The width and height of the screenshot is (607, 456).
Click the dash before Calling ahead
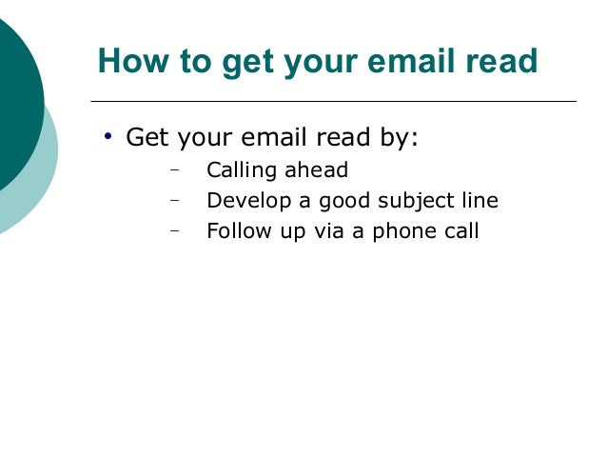pos(175,171)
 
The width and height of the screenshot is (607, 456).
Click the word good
pos(343,201)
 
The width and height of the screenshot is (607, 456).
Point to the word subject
pos(416,201)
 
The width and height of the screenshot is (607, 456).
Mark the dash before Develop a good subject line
pos(175,201)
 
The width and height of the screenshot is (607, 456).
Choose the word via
pos(323,230)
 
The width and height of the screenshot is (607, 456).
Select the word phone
pos(400,230)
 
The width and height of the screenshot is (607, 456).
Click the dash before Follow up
pos(175,230)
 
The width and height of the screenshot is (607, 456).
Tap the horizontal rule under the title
pos(333,101)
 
